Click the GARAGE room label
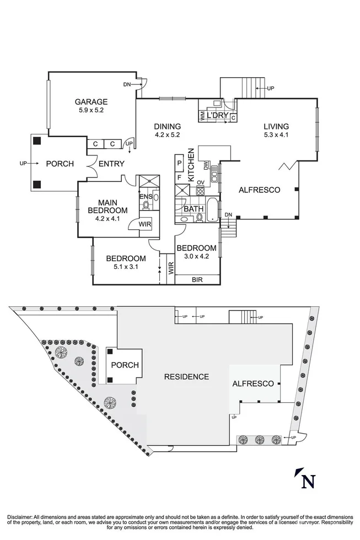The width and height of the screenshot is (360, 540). coord(91,101)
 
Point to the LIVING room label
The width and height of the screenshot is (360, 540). coord(275,126)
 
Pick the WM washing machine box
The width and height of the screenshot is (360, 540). coord(203,116)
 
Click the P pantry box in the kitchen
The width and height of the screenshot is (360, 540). coord(179,164)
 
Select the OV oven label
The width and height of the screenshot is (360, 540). coord(200,182)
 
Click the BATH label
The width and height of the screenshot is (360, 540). coord(194,209)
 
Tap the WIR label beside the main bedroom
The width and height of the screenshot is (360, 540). coord(145,224)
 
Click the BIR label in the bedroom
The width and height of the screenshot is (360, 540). coord(197,280)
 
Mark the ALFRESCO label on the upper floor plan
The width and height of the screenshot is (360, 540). coord(259,190)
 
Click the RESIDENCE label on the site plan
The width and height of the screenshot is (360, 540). coord(186,377)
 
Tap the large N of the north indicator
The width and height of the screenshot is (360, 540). coord(309,481)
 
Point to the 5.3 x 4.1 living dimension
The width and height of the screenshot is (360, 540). coord(275,134)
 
